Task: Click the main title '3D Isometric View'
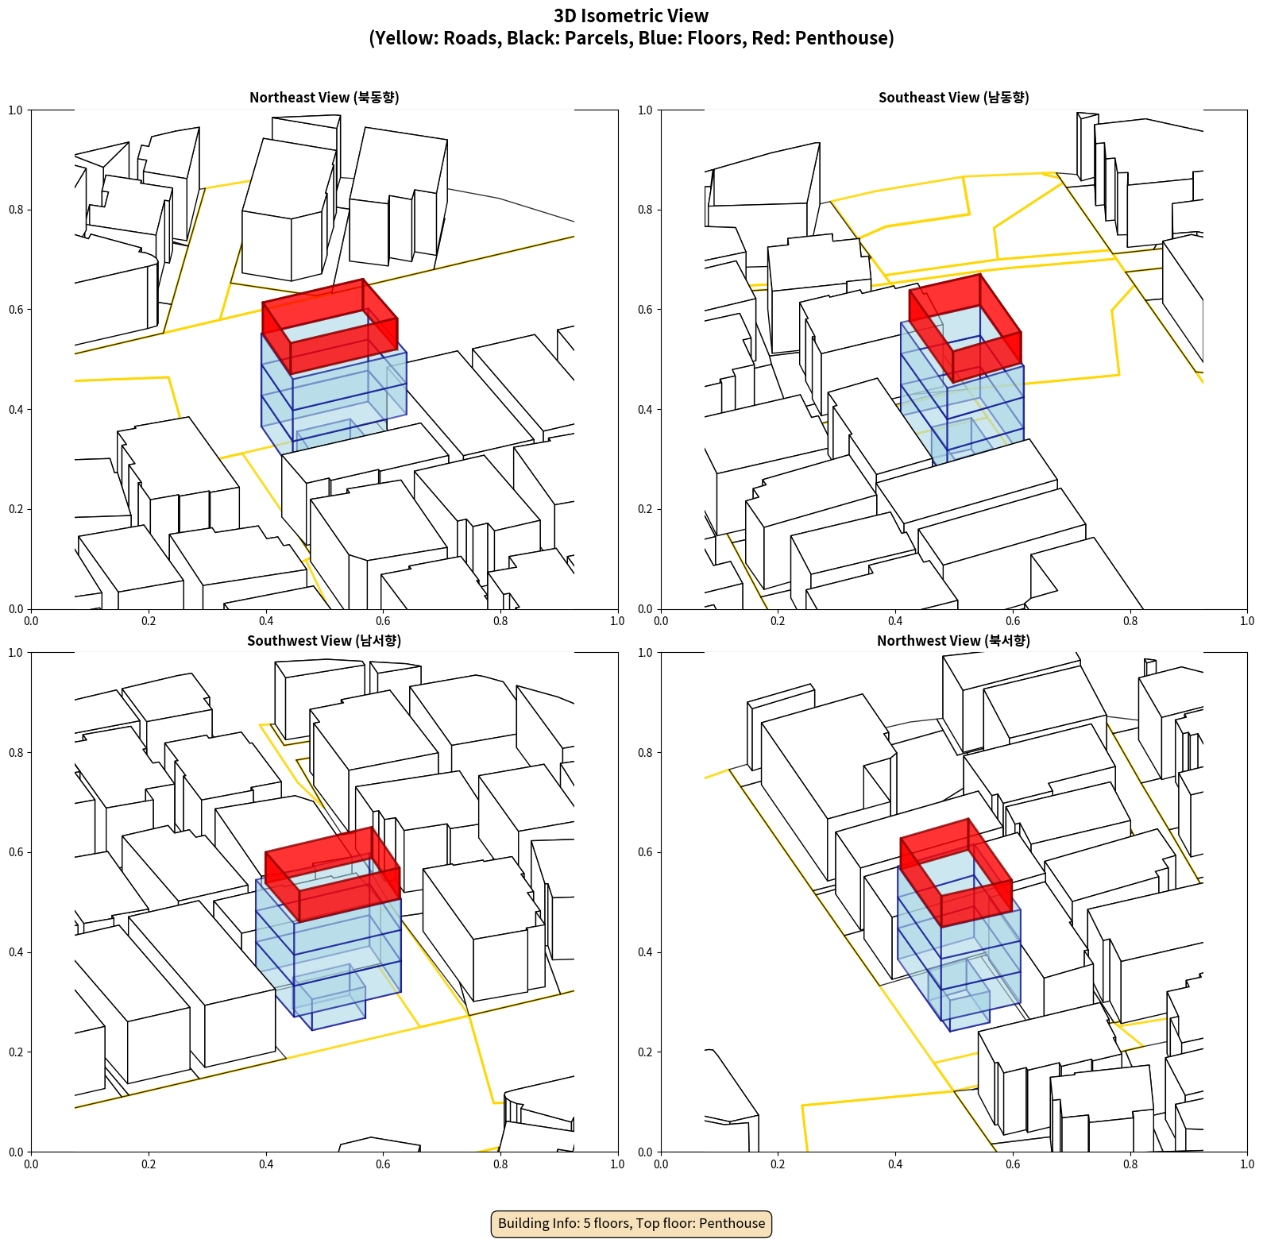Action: pos(631,16)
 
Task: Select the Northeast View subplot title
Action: pos(324,98)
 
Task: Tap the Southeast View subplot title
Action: pos(953,98)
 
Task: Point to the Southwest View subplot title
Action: pos(324,641)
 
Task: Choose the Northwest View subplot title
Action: pos(953,641)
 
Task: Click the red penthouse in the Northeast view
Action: pos(330,326)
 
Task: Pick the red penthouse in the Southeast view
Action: pos(965,327)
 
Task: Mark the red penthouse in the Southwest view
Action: pos(332,874)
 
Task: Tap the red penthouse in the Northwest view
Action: pos(956,872)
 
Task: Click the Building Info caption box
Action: pos(631,1223)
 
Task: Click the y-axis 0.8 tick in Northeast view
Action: pos(16,210)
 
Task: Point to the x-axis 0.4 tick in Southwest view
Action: pos(266,1164)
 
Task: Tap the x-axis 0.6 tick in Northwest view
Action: pos(1013,1164)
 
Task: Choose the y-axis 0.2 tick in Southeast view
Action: pos(645,509)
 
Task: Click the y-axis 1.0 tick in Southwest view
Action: pos(16,653)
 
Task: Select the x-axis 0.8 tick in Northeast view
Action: pos(500,621)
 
